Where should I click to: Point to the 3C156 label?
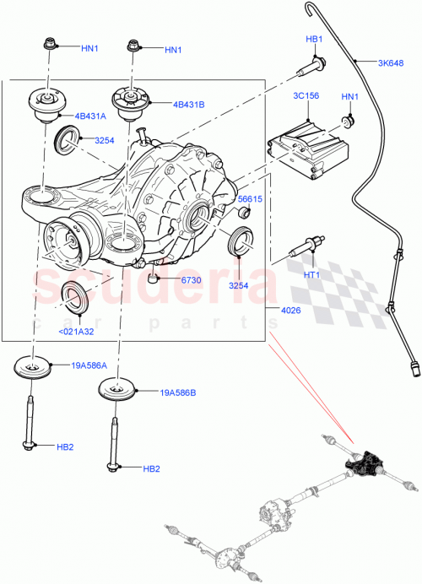306,95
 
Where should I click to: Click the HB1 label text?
314,40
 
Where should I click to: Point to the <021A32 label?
76,332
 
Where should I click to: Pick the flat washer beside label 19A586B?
129,392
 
